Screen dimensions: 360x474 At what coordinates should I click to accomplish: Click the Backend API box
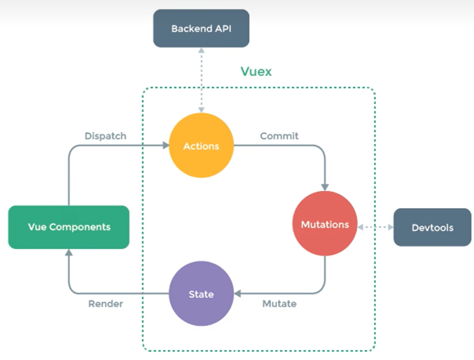201,28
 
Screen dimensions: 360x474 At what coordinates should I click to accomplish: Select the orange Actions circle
201,146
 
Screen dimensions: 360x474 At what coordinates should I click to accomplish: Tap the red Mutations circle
325,224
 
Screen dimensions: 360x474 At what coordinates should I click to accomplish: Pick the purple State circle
201,294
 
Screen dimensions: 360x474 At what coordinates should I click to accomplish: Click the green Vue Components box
69,227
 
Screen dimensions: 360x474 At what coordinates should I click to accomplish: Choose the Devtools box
432,227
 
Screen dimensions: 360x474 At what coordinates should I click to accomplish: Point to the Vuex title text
256,71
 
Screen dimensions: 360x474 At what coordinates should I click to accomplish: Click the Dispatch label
105,136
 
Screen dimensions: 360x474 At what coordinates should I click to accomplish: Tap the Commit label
279,136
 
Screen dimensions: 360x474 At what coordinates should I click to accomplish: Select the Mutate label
280,304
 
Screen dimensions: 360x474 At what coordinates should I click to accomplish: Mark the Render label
105,304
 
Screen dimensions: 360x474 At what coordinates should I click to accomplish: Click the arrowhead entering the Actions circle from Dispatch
165,145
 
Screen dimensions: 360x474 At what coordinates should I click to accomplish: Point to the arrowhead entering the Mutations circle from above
325,187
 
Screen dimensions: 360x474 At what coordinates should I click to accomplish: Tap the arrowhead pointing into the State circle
238,294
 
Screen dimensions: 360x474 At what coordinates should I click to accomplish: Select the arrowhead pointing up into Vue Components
69,253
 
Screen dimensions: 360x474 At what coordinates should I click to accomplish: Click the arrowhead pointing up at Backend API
201,51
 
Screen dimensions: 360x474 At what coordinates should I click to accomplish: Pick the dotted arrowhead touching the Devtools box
390,227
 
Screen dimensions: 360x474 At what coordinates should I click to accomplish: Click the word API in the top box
223,28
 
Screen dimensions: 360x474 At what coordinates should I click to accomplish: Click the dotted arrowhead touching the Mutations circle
361,227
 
